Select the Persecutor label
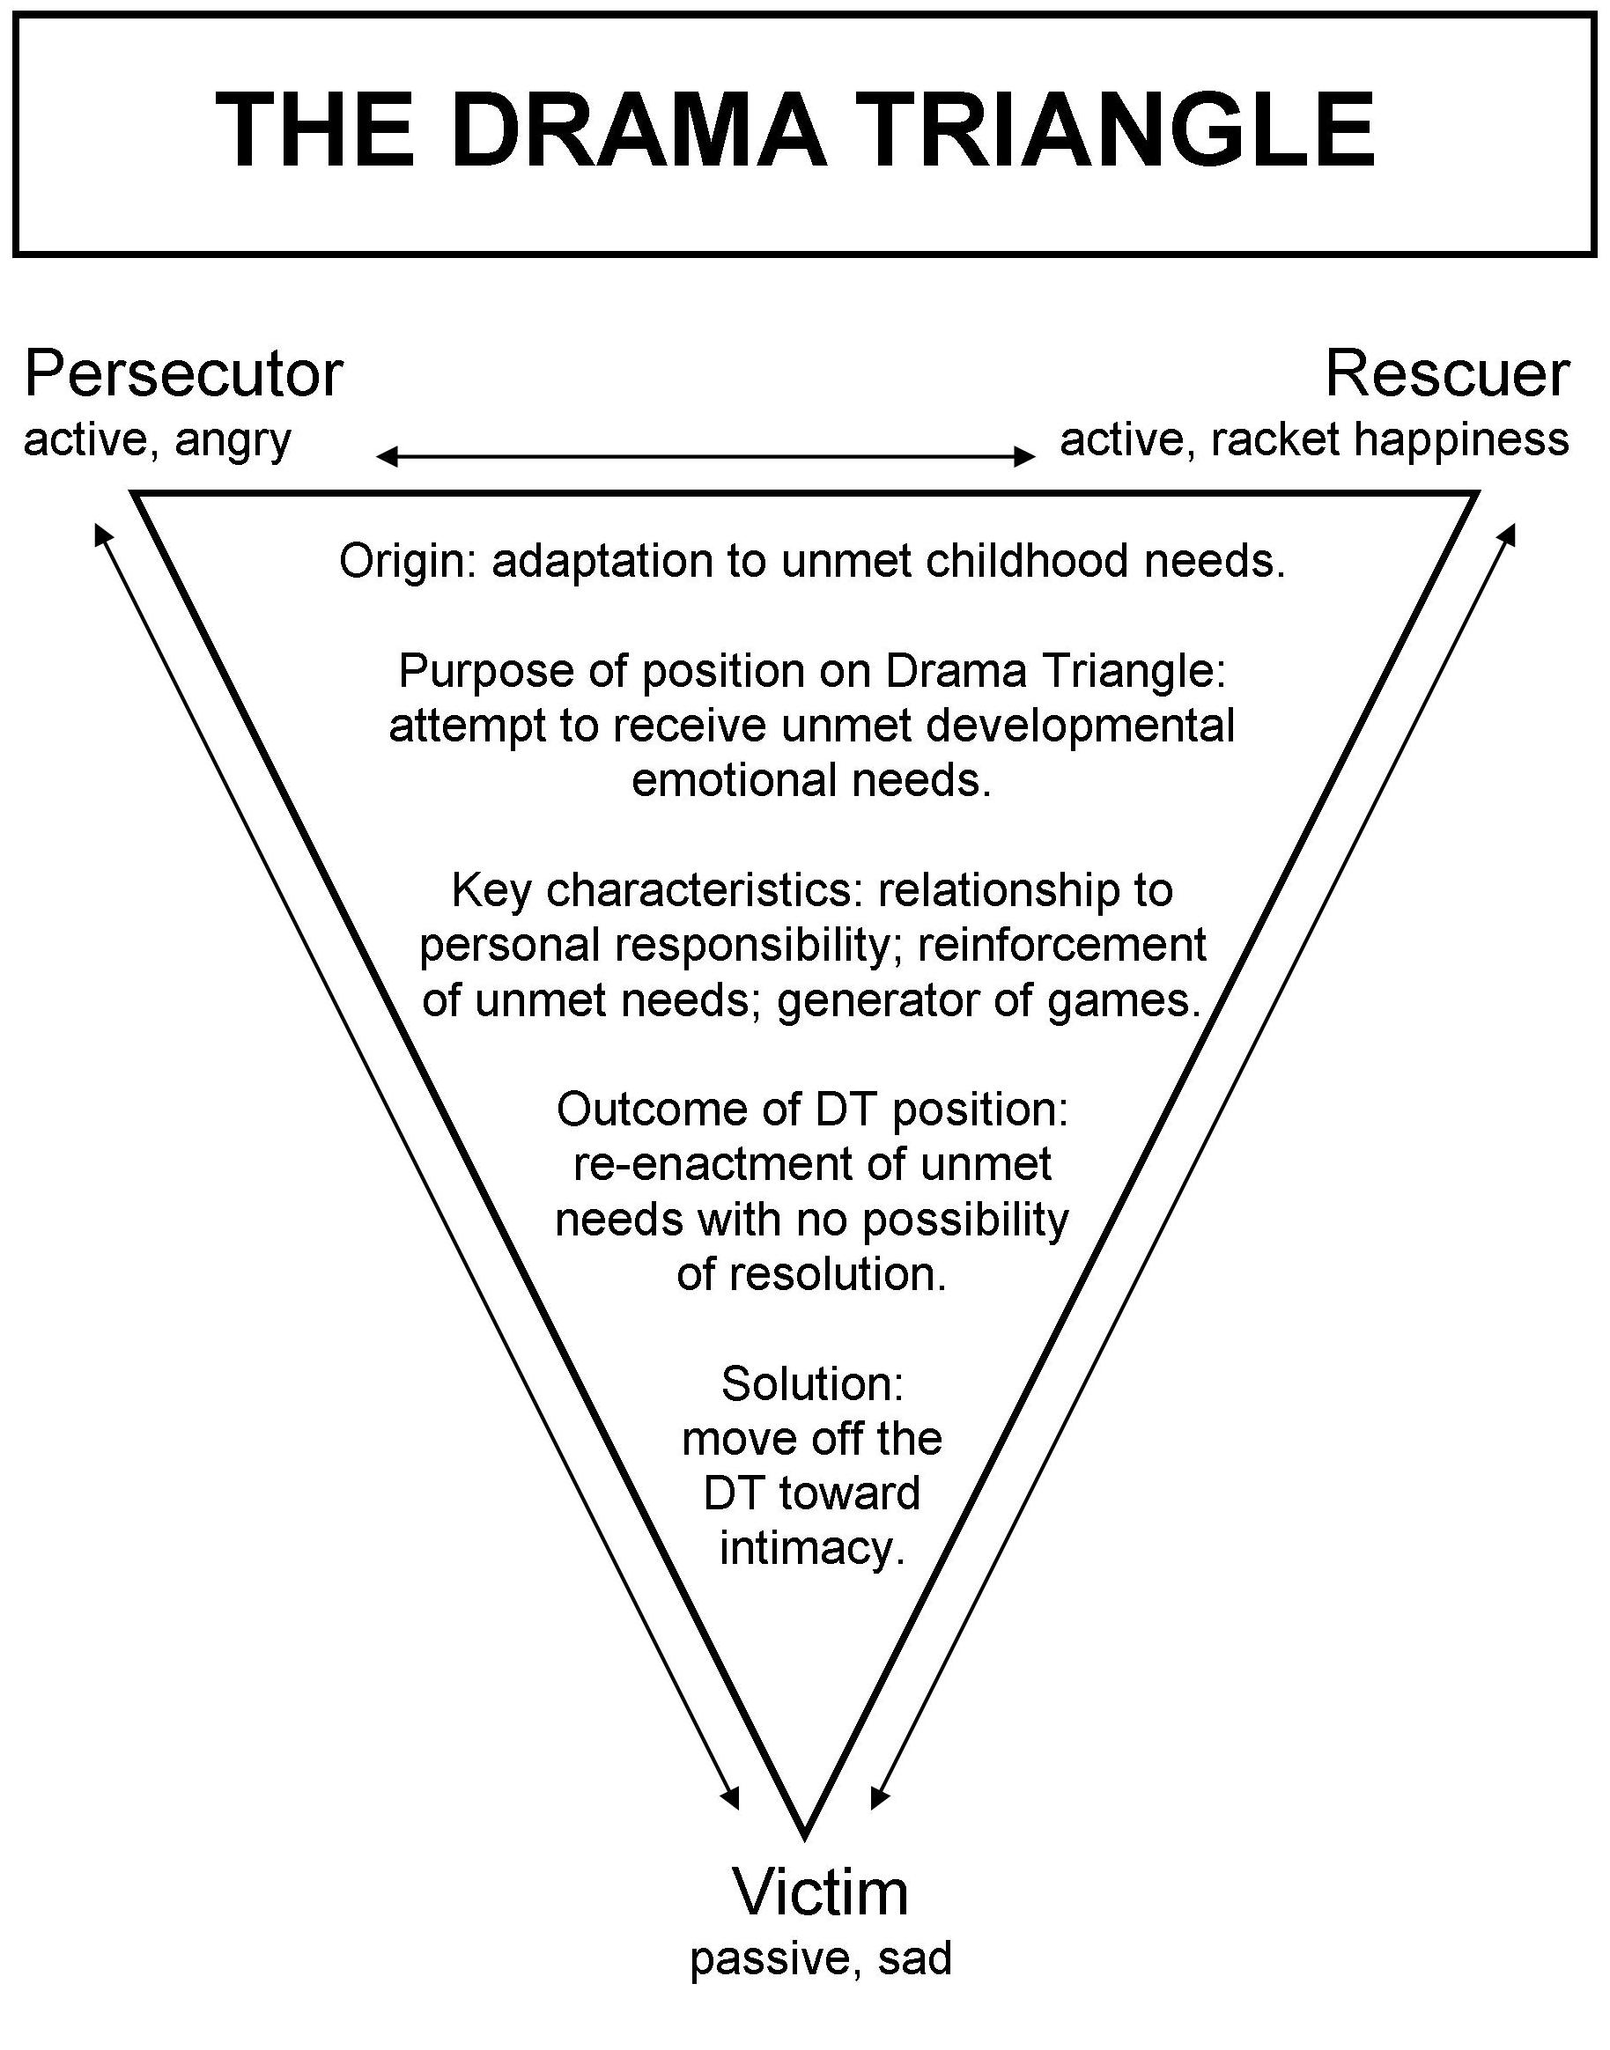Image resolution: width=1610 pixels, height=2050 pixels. pos(184,374)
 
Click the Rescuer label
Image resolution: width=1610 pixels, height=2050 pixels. pos(1447,374)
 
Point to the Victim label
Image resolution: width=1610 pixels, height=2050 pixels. pos(820,1891)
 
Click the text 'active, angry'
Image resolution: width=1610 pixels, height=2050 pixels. pos(158,441)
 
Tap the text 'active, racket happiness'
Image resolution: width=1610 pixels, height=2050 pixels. pos(1314,441)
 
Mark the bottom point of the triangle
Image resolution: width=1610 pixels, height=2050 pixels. pos(804,1836)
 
